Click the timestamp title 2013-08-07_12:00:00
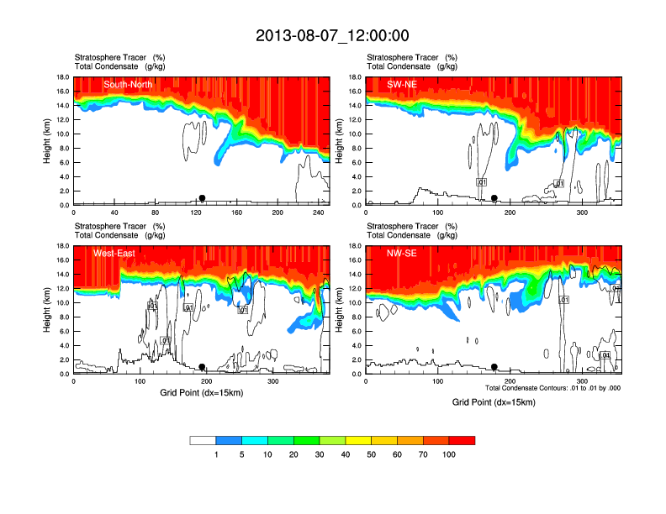tap(332, 35)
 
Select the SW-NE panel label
tap(402, 85)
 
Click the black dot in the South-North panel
tap(202, 198)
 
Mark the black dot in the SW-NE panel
tap(494, 198)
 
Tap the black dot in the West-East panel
tap(202, 367)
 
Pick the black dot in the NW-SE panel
tap(494, 367)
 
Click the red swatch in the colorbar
tap(462, 440)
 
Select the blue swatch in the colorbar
tap(229, 440)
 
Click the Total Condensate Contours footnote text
tap(552, 388)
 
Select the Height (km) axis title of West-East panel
tap(48, 310)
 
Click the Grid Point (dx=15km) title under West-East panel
tap(201, 393)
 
